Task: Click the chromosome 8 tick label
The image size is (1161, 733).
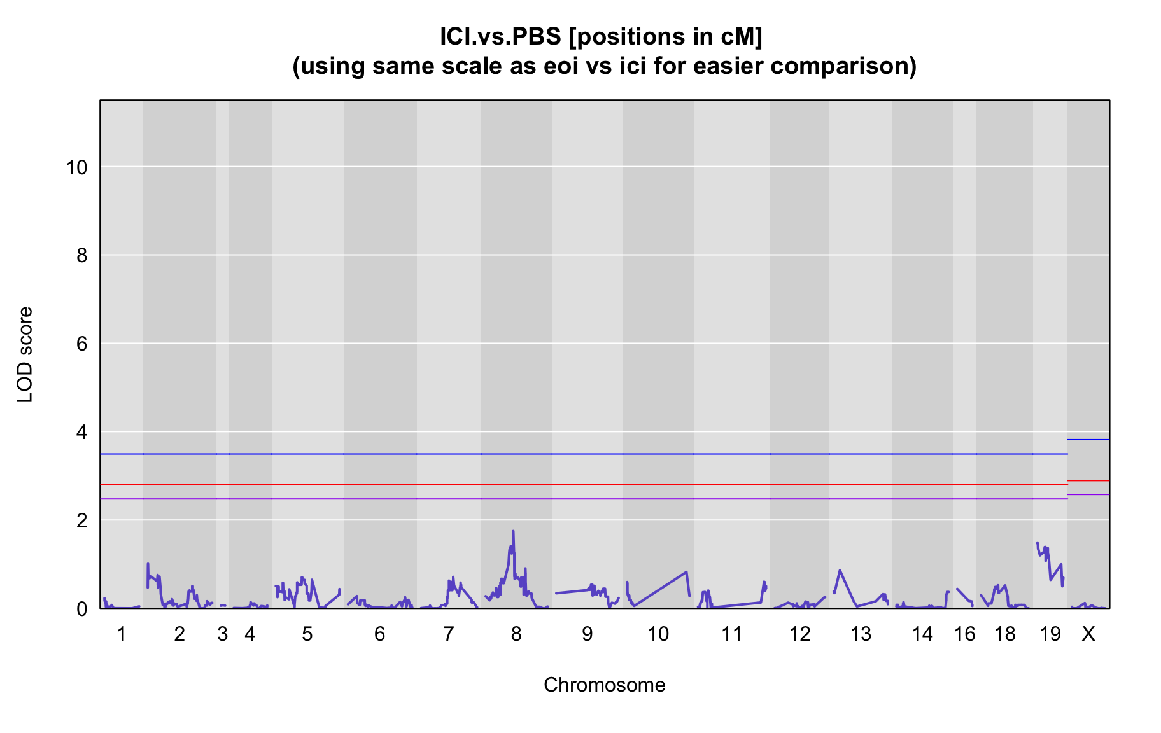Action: pos(516,634)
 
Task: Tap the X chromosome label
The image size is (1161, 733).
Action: pos(1088,634)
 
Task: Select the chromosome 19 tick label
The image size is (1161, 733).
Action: pos(1050,634)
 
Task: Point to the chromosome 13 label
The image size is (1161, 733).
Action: pos(861,634)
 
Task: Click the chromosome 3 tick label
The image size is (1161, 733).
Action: pos(222,634)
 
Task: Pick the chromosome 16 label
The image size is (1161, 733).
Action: pos(965,634)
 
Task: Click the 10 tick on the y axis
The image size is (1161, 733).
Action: pos(76,167)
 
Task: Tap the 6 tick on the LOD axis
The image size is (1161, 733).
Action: pos(81,344)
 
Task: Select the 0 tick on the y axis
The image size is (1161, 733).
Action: pos(81,609)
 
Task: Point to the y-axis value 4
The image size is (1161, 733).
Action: pos(81,433)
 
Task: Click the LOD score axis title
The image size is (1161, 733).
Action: pos(25,354)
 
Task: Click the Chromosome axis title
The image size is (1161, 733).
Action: pos(604,685)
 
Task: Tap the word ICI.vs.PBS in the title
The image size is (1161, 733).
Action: pos(500,37)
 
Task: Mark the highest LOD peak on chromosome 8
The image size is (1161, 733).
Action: pos(513,531)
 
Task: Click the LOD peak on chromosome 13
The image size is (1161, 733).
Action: pos(840,571)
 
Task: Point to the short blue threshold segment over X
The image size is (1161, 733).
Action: pos(1088,440)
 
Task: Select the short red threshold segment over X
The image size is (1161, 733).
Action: pos(1088,480)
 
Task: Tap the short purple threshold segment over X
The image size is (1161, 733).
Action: pos(1088,494)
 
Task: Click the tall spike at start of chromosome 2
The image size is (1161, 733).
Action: pos(148,564)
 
